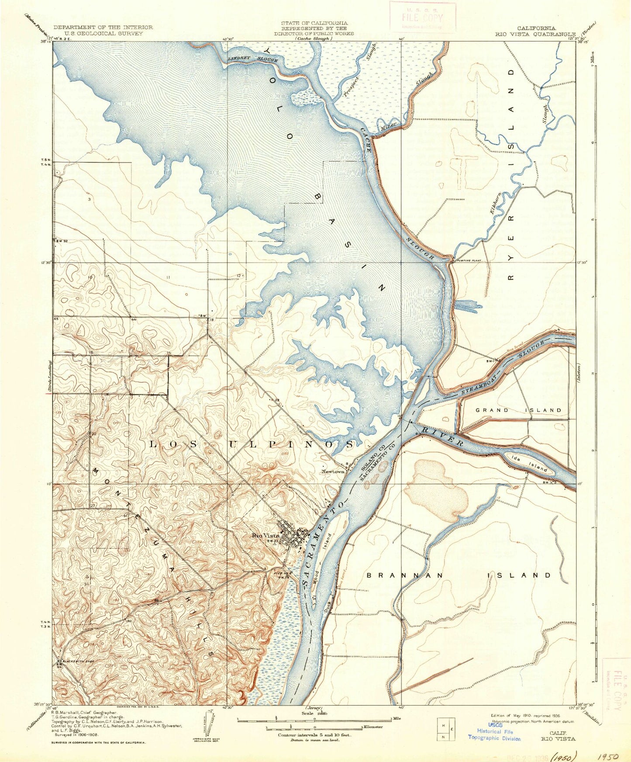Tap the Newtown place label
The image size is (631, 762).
[x=333, y=472]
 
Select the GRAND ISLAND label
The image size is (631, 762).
[x=518, y=410]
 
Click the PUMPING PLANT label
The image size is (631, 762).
[x=468, y=260]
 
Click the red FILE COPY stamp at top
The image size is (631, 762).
[x=422, y=18]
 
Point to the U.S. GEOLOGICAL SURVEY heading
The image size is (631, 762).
[x=103, y=33]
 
